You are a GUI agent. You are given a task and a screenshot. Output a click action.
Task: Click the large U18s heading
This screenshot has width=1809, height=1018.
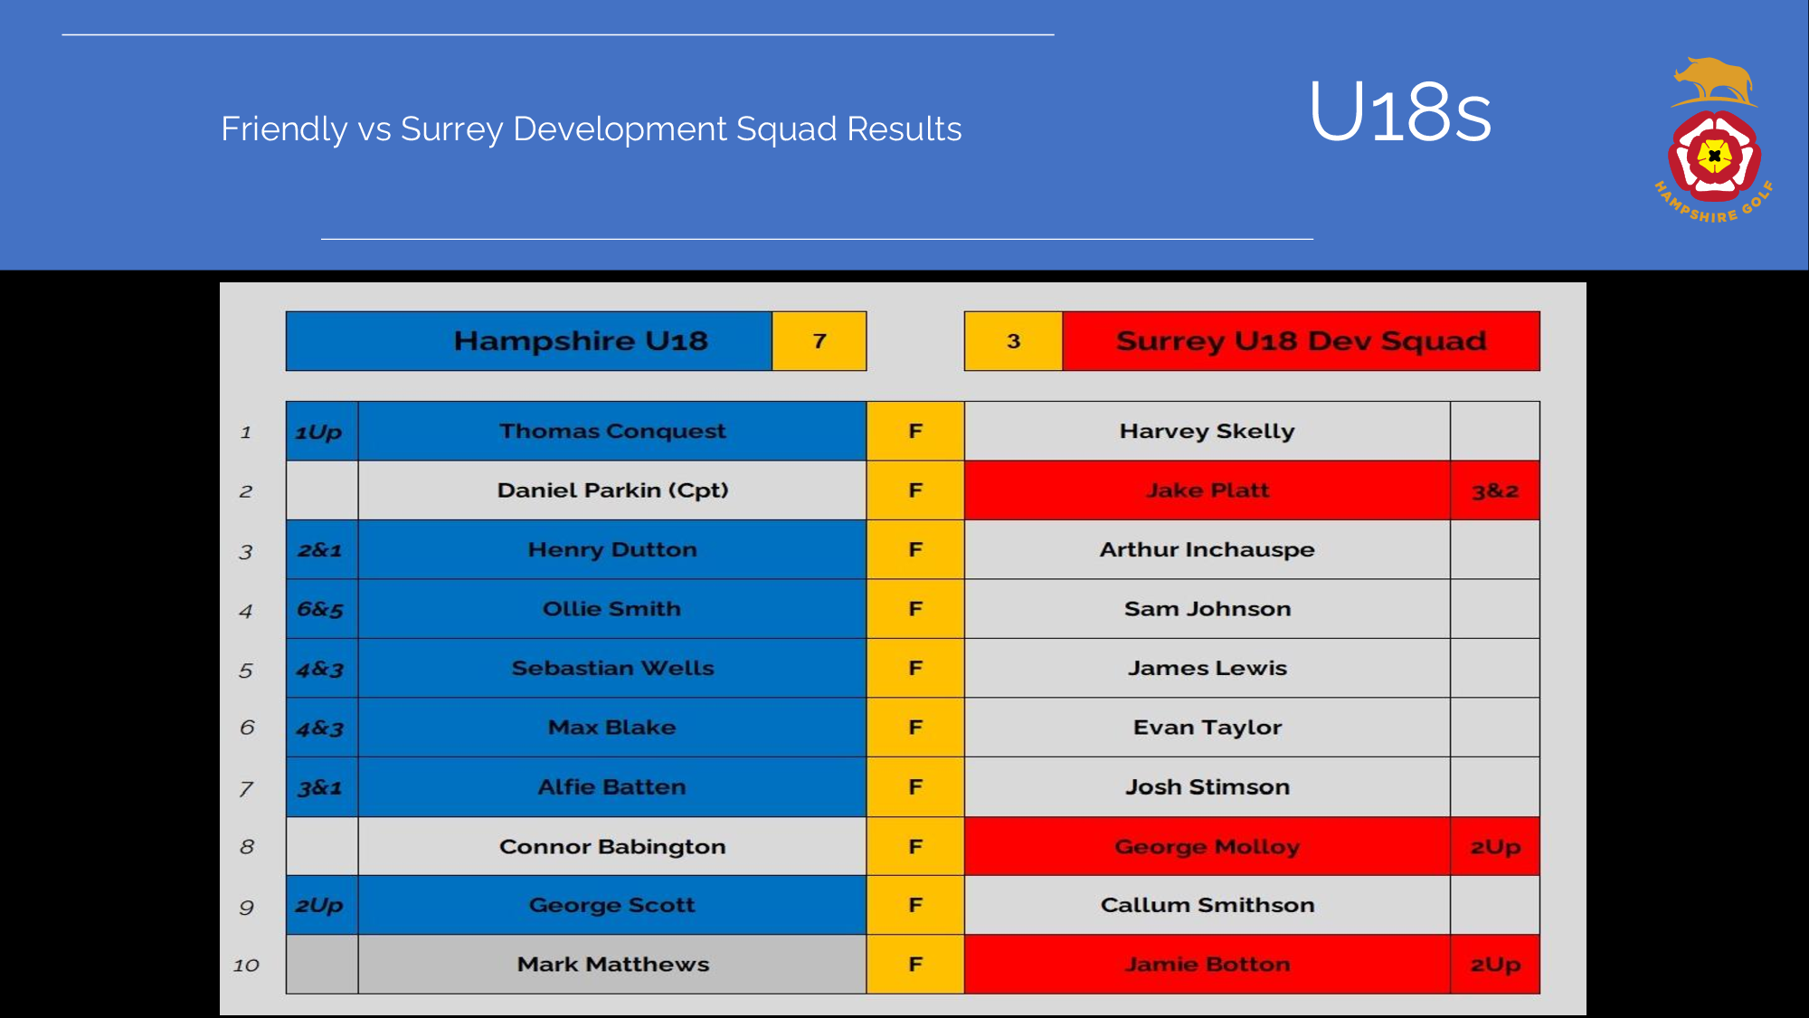[x=1400, y=112]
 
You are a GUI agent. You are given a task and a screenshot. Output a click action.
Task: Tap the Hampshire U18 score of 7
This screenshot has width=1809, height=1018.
[x=819, y=341]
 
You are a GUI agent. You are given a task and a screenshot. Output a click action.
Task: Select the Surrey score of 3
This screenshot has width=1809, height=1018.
[x=1013, y=341]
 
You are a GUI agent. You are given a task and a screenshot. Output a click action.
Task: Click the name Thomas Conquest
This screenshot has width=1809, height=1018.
[x=612, y=431]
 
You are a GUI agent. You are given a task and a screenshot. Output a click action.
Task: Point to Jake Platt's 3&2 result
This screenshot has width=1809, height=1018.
[x=1494, y=490]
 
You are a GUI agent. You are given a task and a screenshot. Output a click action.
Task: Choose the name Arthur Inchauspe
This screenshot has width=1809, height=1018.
[x=1207, y=549]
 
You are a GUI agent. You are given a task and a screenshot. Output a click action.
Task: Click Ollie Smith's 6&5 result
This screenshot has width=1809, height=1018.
[x=320, y=609]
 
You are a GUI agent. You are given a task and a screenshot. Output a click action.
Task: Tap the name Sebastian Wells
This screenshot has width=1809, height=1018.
[x=612, y=668]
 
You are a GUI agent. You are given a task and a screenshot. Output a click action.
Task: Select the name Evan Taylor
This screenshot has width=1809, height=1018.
[x=1207, y=728]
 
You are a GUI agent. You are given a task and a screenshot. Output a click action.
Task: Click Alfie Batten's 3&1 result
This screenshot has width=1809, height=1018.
[x=320, y=787]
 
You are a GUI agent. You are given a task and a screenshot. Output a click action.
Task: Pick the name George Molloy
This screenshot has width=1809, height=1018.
[x=1207, y=847]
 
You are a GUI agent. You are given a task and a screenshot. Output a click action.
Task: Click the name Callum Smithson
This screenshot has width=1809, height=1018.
[x=1207, y=905]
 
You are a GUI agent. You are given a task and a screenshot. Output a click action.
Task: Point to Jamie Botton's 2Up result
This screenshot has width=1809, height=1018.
[x=1494, y=966]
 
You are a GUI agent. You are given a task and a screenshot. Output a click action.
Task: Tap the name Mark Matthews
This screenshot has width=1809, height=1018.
[x=612, y=965]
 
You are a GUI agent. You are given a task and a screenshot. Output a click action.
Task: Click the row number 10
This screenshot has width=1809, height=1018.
[x=246, y=966]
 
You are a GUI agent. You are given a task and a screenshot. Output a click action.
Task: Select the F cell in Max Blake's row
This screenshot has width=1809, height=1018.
[x=915, y=728]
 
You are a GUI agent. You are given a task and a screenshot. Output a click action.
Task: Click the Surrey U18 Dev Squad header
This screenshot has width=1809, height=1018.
[x=1301, y=341]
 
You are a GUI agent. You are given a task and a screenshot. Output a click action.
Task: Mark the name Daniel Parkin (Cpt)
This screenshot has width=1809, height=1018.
[x=612, y=490]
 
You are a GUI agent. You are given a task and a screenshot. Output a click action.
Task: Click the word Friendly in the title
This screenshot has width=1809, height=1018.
[x=284, y=129]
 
